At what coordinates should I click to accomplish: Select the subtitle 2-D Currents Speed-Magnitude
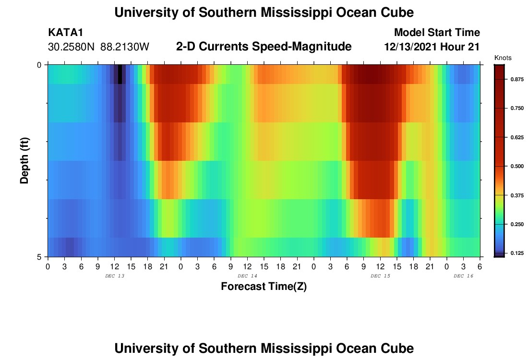point(264,47)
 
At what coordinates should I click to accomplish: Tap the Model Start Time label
point(437,33)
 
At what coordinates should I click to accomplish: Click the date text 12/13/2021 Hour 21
point(432,47)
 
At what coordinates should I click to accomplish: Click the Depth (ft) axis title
point(24,161)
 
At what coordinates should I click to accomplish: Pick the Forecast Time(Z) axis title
point(264,287)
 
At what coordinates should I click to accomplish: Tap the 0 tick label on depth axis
point(40,65)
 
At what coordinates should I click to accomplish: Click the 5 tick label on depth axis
point(40,257)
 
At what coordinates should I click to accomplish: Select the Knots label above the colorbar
point(503,58)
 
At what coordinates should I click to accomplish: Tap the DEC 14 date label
point(248,276)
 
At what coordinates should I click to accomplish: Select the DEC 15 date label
point(381,276)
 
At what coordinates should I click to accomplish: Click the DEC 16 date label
point(464,276)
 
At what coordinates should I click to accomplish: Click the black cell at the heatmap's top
point(120,74)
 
